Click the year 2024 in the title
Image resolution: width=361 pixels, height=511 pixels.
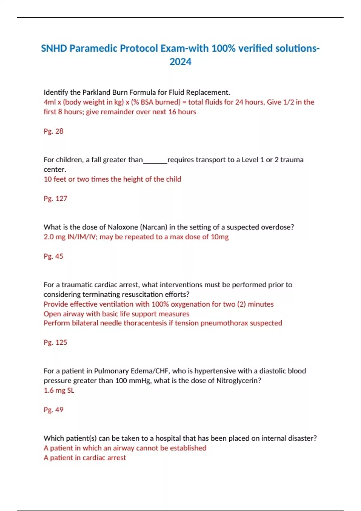(180, 62)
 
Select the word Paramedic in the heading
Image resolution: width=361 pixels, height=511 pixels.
(94, 48)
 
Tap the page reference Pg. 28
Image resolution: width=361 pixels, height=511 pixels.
(54, 131)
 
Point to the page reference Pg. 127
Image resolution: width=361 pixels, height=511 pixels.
(55, 198)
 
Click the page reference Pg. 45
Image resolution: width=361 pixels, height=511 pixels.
(54, 256)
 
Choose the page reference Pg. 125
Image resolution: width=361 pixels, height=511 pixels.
(55, 342)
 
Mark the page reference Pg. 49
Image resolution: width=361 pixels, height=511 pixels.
(54, 410)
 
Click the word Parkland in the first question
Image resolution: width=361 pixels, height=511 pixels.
(96, 92)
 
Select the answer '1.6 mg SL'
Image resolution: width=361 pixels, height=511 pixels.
(59, 390)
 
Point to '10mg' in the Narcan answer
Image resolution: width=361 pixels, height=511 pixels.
(220, 237)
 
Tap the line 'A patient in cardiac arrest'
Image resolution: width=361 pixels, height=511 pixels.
(85, 458)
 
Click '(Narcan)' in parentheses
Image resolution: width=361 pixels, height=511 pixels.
(154, 227)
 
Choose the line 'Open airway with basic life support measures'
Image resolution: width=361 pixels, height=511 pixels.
(116, 314)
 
